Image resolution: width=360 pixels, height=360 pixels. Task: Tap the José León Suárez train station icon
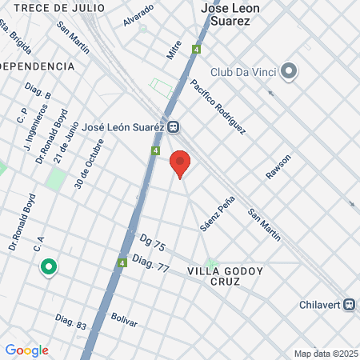(x=173, y=126)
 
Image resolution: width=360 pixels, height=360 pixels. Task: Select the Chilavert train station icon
(x=350, y=306)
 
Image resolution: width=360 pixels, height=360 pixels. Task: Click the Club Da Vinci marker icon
(x=290, y=71)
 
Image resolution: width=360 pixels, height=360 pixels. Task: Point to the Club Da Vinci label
(x=245, y=72)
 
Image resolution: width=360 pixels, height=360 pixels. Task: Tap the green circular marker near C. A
(x=48, y=267)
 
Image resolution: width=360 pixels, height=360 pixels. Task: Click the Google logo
(x=26, y=350)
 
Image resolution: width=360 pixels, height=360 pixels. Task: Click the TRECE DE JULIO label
(x=59, y=7)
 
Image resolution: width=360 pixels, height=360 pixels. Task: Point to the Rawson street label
(x=279, y=166)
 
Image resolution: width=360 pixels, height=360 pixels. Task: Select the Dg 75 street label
(x=152, y=242)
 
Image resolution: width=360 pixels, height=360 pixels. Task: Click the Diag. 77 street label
(x=151, y=264)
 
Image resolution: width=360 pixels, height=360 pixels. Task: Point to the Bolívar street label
(x=124, y=320)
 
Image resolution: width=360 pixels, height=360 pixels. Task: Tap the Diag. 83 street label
(x=71, y=322)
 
